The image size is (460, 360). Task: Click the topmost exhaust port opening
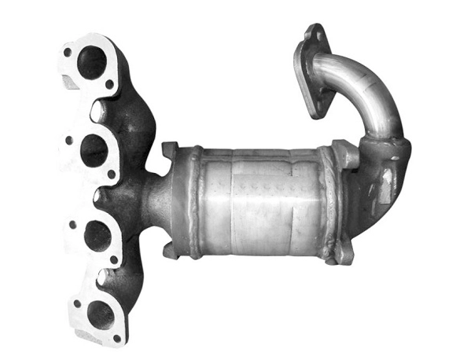point(92,62)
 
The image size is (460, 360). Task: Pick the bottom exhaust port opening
point(100,314)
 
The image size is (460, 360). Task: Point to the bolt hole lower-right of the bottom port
point(117,338)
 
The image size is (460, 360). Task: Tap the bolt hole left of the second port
point(70,141)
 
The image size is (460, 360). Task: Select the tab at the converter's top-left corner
point(171,149)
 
